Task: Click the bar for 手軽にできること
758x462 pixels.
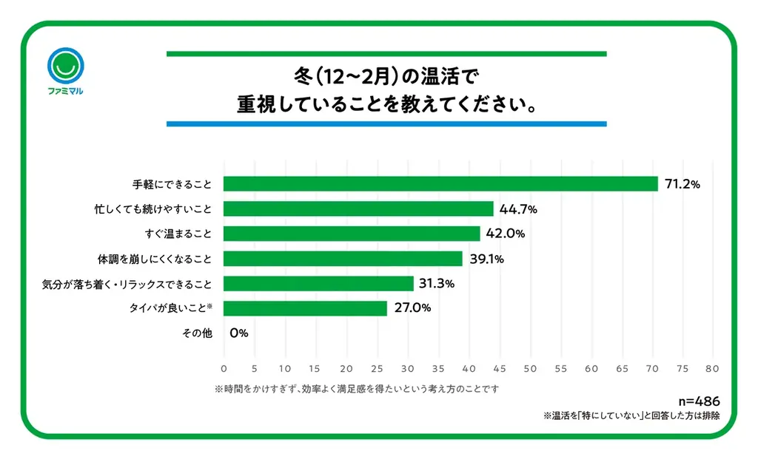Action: [440, 184]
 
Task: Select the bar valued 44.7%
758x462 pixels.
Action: [358, 209]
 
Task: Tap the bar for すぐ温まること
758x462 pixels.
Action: [352, 234]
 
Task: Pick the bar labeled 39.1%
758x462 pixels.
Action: [343, 259]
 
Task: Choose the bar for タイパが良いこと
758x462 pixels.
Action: [305, 308]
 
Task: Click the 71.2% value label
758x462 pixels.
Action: [682, 184]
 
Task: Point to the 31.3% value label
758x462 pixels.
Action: [437, 284]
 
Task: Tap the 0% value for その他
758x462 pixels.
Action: [238, 333]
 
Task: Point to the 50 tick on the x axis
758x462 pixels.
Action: [529, 367]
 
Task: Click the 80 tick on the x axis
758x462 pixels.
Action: [713, 367]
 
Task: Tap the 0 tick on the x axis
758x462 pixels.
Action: [224, 367]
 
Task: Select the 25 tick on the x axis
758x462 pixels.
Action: [377, 367]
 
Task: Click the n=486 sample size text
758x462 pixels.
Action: [699, 402]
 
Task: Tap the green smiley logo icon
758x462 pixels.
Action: [64, 67]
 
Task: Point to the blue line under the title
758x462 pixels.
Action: [386, 123]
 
